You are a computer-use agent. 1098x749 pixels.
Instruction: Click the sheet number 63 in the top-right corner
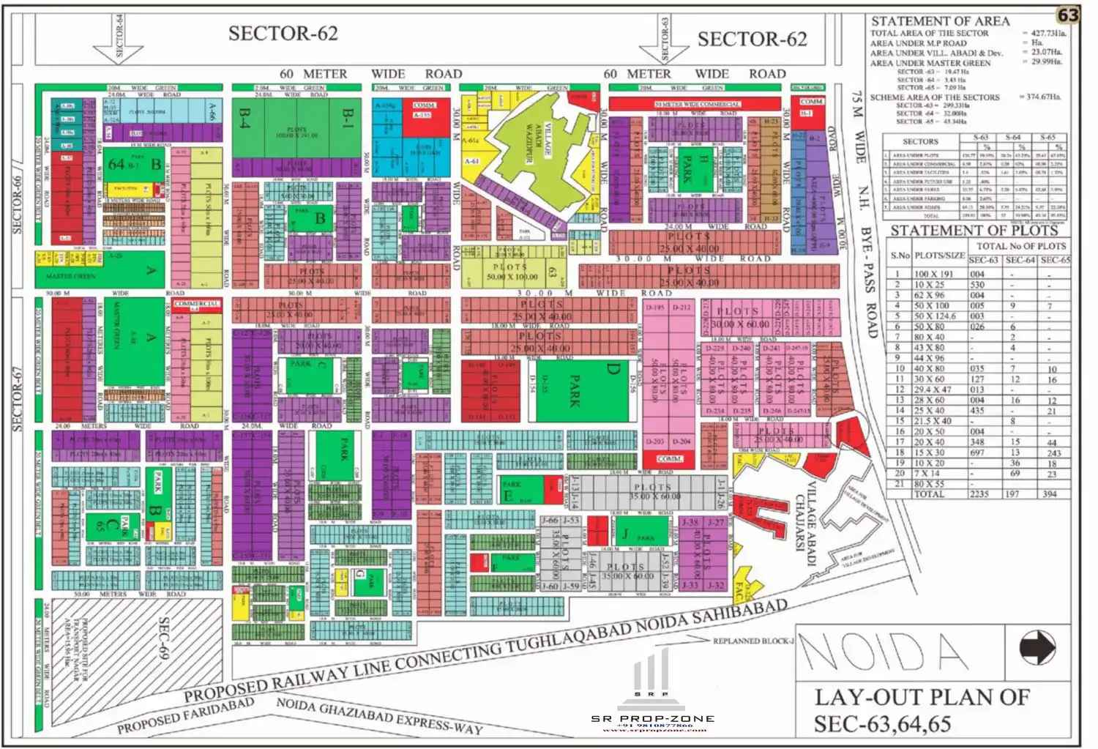tap(1068, 15)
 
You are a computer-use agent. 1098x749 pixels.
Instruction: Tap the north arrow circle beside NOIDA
tap(1037, 647)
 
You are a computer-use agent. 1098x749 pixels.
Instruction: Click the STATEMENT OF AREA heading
tap(940, 21)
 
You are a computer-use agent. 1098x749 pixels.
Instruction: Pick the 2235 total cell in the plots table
tap(979, 494)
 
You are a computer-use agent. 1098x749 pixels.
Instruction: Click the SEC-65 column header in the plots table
tap(1055, 260)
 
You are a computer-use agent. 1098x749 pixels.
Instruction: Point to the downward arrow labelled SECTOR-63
tap(664, 41)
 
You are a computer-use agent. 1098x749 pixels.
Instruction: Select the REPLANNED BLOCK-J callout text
tap(753, 641)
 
